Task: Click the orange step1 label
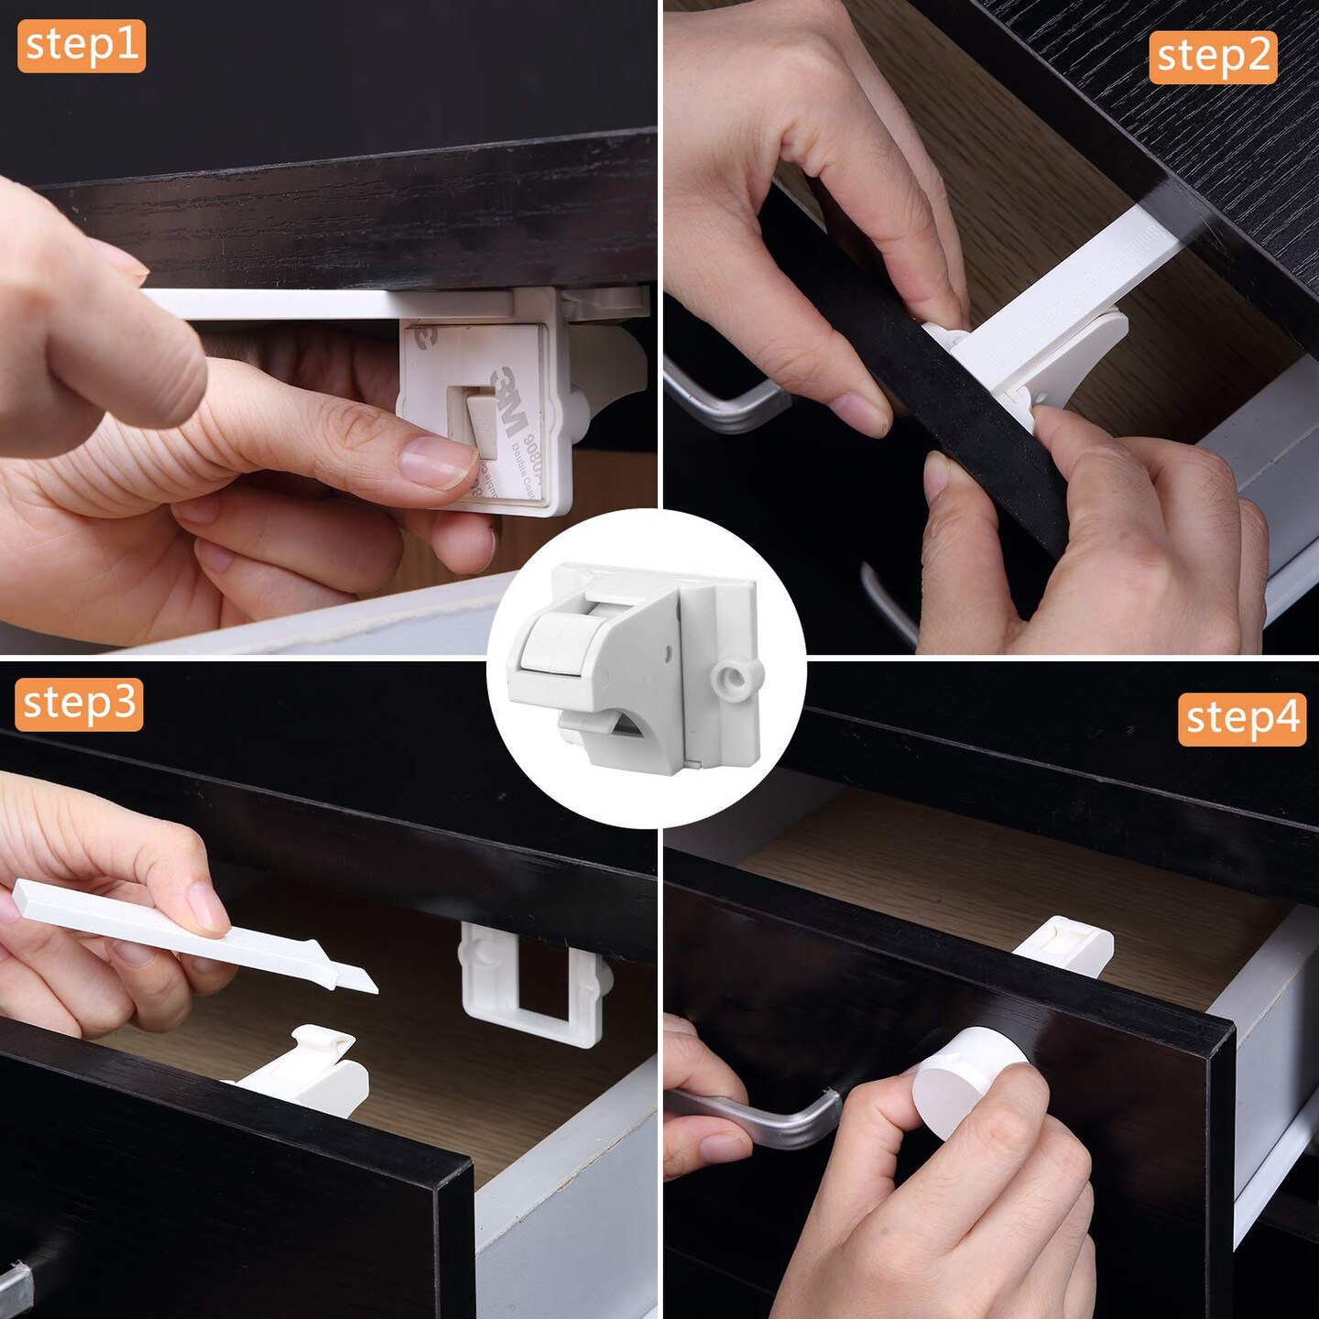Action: [82, 46]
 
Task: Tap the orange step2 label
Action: [1213, 57]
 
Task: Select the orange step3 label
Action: [80, 703]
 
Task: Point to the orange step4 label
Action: [1242, 719]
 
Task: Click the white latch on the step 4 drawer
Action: [1067, 943]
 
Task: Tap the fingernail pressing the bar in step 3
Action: [209, 907]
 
